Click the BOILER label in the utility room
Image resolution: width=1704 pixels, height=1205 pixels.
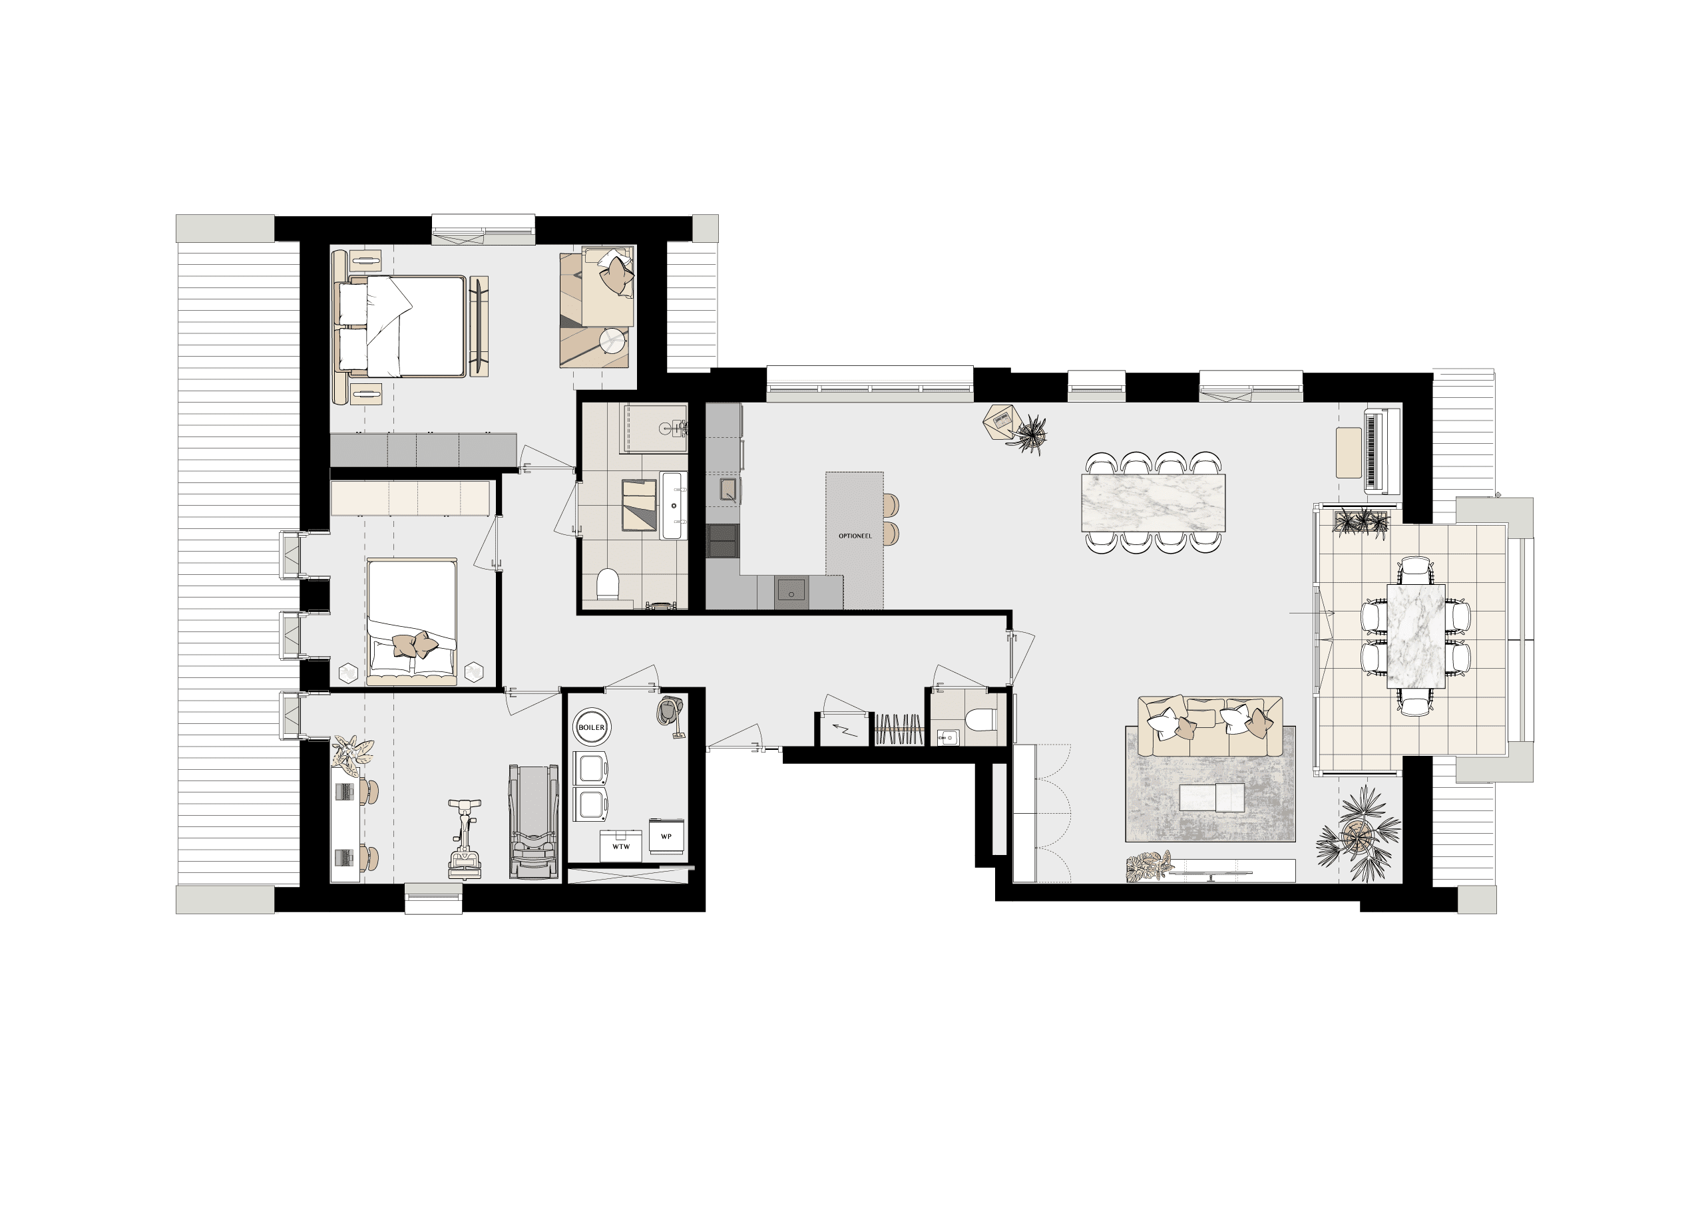[592, 728]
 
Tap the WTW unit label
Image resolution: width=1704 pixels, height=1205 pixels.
[620, 846]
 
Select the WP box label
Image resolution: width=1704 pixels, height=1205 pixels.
[666, 836]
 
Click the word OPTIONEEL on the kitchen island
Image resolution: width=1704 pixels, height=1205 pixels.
[855, 536]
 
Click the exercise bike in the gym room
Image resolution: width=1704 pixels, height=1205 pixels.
[465, 838]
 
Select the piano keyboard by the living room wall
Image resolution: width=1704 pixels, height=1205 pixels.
[1382, 450]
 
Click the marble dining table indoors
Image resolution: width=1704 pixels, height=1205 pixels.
[1154, 503]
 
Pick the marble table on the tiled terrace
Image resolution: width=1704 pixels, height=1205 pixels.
[1415, 636]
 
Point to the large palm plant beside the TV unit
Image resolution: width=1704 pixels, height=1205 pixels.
[1358, 836]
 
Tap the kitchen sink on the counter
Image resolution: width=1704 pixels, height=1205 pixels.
[728, 490]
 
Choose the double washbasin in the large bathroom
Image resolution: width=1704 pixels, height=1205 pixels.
[675, 505]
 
